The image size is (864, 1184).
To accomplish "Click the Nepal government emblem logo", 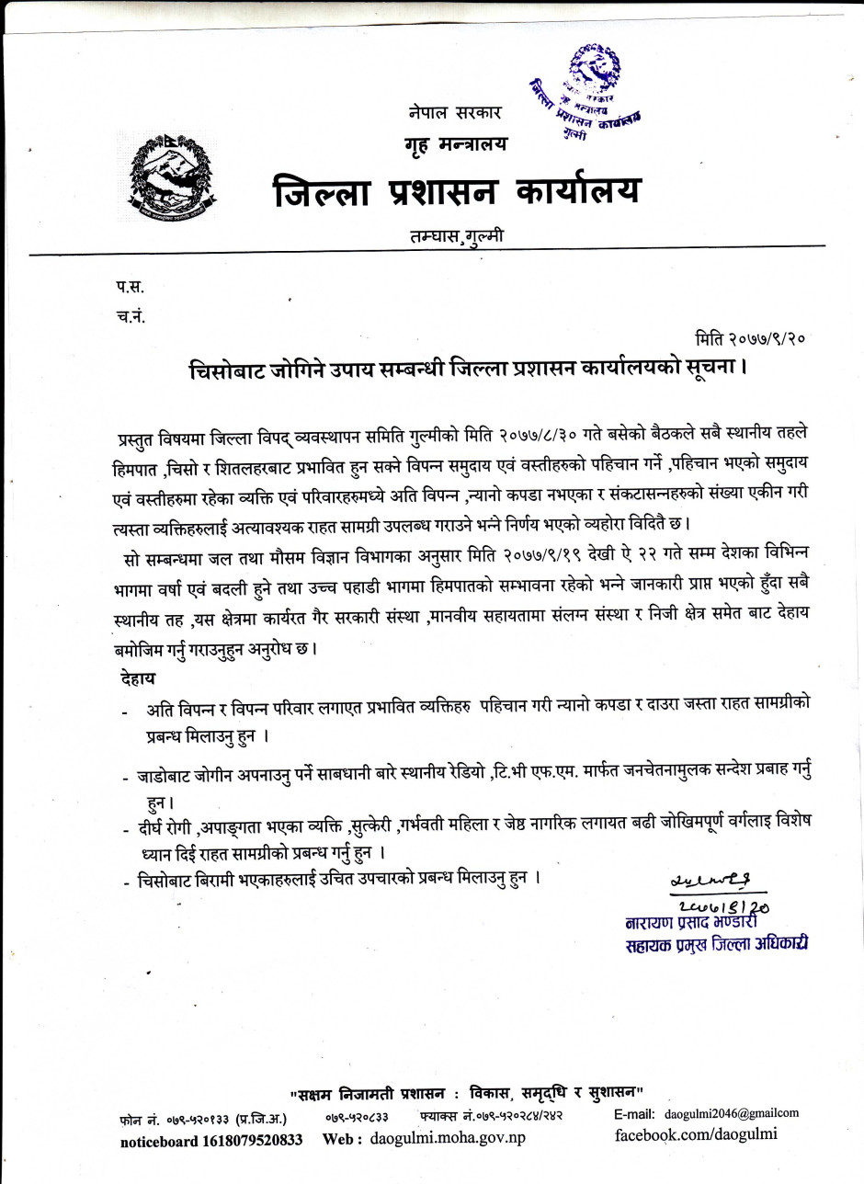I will pyautogui.click(x=165, y=180).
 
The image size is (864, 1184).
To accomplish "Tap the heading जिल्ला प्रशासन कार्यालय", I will pyautogui.click(x=457, y=191).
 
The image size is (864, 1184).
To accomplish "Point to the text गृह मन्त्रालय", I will pyautogui.click(x=454, y=143).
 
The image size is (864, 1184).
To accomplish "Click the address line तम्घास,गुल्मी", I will pyautogui.click(x=457, y=235).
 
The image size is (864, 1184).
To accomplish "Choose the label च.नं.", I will pyautogui.click(x=131, y=316).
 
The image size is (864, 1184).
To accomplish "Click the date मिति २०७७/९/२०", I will pyautogui.click(x=750, y=338).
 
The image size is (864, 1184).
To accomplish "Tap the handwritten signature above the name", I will pyautogui.click(x=717, y=882).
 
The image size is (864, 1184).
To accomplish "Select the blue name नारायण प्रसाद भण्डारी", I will pyautogui.click(x=695, y=922).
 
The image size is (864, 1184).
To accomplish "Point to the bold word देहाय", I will pyautogui.click(x=138, y=678).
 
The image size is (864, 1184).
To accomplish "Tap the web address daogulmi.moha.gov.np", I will pyautogui.click(x=448, y=1138).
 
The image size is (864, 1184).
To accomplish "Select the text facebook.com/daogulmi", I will pyautogui.click(x=696, y=1133).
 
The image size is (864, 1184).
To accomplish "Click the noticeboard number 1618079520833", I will pyautogui.click(x=211, y=1140).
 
